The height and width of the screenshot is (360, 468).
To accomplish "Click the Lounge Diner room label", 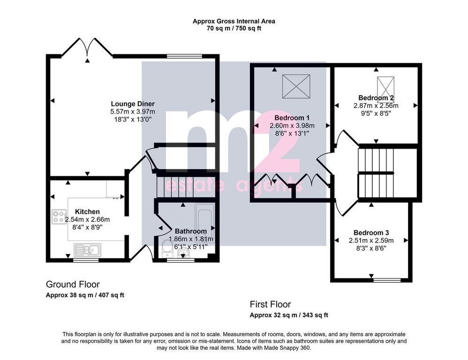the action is [133, 104].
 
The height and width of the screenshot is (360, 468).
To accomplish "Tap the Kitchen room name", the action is [87, 212].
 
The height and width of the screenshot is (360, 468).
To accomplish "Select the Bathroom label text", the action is [191, 231].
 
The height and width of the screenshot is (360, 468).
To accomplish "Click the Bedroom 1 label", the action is [292, 118].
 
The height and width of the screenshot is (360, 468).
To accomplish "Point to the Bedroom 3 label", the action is [371, 232].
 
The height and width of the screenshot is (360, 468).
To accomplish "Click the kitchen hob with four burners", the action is [59, 217].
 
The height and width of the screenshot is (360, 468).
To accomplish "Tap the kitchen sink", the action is [87, 250].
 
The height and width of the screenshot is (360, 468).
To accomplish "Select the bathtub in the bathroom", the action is [205, 223].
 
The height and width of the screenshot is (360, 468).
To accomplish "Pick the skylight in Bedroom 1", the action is [296, 86].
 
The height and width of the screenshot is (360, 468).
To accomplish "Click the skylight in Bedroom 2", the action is [385, 86].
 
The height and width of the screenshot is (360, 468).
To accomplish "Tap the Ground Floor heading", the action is [73, 284].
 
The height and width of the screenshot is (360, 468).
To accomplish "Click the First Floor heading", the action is [271, 304].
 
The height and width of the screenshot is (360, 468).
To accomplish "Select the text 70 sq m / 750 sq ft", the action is [234, 29].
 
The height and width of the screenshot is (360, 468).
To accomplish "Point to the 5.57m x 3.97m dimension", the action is [133, 112].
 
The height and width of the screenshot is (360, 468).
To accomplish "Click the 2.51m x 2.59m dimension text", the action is [371, 240].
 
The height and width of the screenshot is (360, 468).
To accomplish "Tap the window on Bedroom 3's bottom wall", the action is [387, 280].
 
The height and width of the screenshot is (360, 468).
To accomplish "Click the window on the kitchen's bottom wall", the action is [86, 260].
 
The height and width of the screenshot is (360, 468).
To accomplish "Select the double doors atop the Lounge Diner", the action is [87, 47].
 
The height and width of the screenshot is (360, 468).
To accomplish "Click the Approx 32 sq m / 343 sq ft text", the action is [289, 315].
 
